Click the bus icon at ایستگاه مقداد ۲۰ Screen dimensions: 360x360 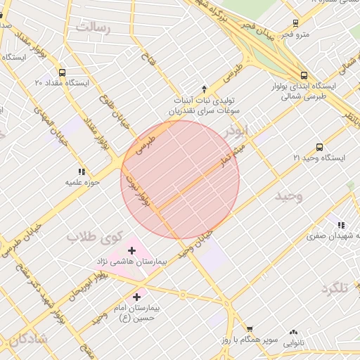[x=63, y=72]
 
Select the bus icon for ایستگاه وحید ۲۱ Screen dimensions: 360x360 [x=320, y=147]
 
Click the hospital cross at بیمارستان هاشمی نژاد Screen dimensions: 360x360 [x=132, y=250]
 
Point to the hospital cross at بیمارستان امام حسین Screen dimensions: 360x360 [x=136, y=297]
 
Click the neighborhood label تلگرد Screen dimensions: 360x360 [x=335, y=288]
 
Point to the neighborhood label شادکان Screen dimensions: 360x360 [x=28, y=339]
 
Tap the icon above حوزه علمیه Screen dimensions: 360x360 [x=82, y=171]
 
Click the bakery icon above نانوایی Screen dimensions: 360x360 [x=293, y=333]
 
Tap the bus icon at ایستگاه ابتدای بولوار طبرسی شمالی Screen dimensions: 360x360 [x=304, y=75]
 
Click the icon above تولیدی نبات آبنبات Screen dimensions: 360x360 [x=205, y=89]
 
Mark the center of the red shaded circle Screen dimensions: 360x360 [x=180, y=179]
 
